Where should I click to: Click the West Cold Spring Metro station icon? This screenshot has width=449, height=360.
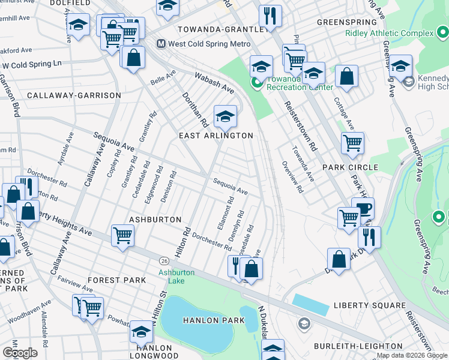[161, 44]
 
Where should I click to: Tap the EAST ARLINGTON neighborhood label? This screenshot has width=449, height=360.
[216, 136]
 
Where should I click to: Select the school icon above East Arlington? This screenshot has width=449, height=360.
[225, 116]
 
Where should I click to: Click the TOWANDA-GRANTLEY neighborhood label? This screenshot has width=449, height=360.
[220, 29]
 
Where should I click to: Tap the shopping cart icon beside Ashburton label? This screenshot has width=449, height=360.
[122, 235]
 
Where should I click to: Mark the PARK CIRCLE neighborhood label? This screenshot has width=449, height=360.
[350, 167]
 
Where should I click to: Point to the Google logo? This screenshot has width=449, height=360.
[20, 353]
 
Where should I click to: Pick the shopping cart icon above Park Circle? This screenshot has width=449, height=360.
[352, 143]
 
